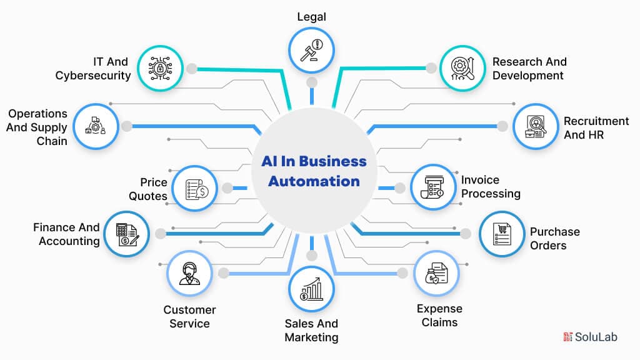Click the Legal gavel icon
311,49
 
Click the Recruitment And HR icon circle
536,126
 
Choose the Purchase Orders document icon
501,234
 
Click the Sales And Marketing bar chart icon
311,289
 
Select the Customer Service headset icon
189,273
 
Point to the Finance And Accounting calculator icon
127,234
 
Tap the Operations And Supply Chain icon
96,126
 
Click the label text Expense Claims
439,316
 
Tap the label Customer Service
189,316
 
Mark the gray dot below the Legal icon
311,82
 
